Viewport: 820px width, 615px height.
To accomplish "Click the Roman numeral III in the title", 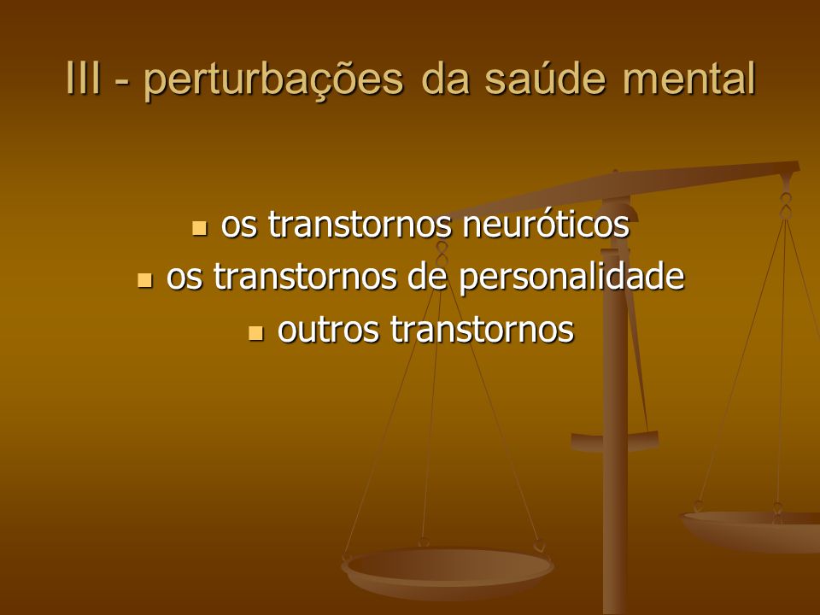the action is point(83,78).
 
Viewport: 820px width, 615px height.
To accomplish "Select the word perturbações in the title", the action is point(273,80).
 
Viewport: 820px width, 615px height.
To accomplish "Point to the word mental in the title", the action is point(689,78).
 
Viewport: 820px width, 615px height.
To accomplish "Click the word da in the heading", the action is point(444,78).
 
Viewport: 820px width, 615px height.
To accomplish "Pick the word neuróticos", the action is point(546,225).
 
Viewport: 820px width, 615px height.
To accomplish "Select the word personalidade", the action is point(571,276).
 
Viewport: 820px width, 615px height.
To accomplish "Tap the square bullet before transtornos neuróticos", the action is point(199,228).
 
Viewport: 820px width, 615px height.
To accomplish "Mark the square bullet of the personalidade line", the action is point(144,280).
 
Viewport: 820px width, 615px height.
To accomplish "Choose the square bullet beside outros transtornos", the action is point(255,333).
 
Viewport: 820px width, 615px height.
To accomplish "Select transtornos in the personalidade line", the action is point(305,277).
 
